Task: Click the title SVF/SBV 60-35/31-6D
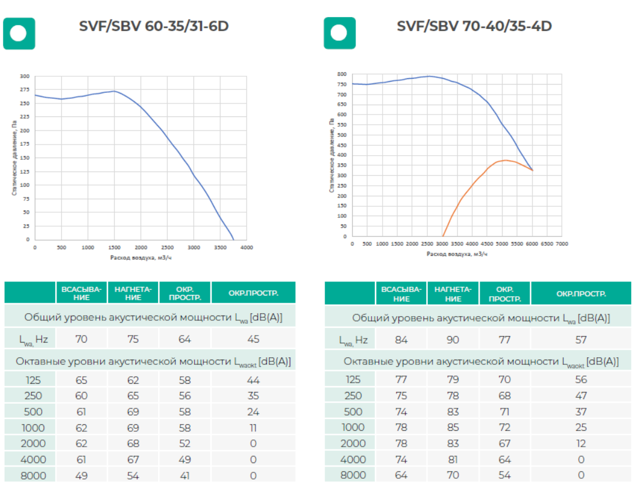point(153,26)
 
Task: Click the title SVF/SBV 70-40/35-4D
point(474,26)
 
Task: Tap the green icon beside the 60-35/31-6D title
point(19,33)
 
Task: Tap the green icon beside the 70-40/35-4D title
point(340,33)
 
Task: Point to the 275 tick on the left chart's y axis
point(24,90)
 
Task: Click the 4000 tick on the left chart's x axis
point(247,247)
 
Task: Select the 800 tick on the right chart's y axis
point(341,75)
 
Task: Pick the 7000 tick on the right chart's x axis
point(562,244)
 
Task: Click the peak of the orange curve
point(505,160)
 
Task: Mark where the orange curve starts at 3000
point(443,236)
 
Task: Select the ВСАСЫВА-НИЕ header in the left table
point(82,293)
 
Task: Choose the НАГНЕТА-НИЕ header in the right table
point(453,294)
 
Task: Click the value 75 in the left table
point(133,339)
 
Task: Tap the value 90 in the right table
point(453,340)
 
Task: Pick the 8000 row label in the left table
point(33,475)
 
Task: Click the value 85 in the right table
point(453,428)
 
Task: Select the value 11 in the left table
point(253,428)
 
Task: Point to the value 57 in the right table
point(581,340)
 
